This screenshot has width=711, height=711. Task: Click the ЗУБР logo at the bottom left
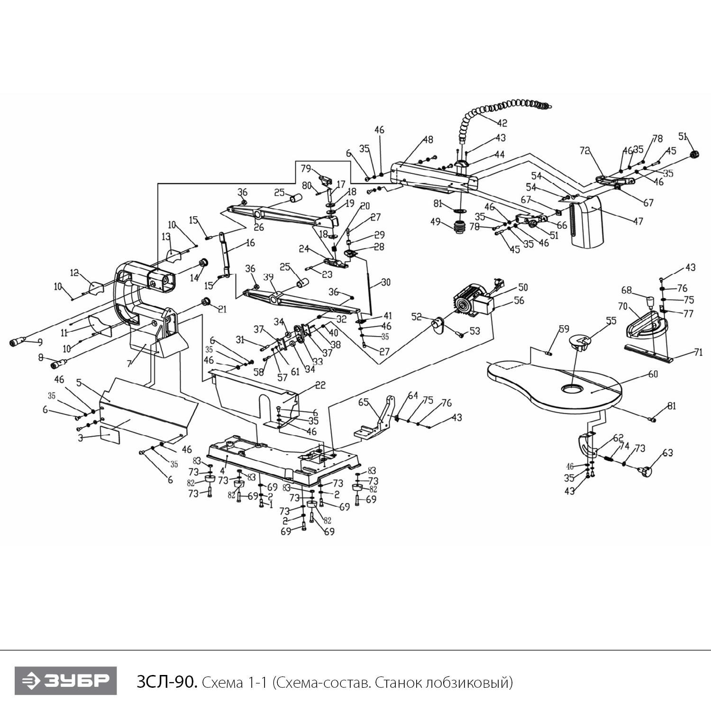(x=65, y=681)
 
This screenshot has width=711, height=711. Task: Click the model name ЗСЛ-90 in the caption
(x=165, y=682)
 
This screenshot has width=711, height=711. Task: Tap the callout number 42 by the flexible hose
(x=502, y=123)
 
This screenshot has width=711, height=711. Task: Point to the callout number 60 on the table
(x=653, y=374)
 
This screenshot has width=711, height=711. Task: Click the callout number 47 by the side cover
(x=638, y=221)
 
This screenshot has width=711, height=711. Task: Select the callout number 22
(x=320, y=385)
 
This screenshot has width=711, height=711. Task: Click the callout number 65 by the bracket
(x=363, y=402)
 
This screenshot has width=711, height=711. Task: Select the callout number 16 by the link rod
(x=250, y=243)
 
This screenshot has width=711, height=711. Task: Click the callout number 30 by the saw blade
(x=386, y=282)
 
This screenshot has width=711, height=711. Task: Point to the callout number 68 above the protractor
(x=626, y=290)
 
